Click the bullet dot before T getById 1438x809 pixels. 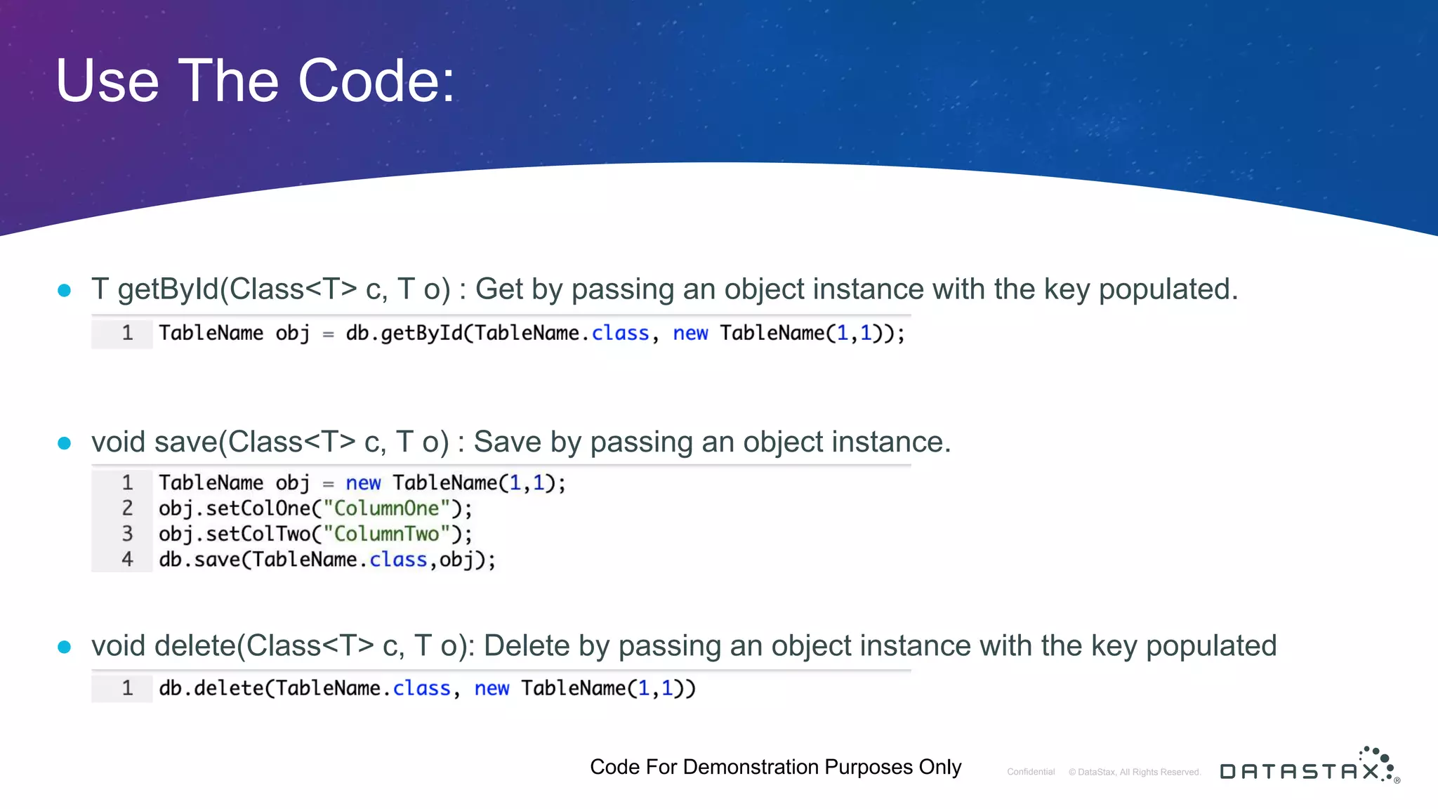pyautogui.click(x=65, y=290)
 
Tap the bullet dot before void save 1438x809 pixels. pyautogui.click(x=65, y=443)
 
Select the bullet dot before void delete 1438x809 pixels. pyautogui.click(x=65, y=647)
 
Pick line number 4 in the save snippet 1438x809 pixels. pyautogui.click(x=127, y=560)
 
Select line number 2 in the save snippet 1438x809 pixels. pyautogui.click(x=127, y=508)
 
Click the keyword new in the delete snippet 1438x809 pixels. pyautogui.click(x=492, y=688)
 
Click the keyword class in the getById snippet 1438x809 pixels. pyautogui.click(x=620, y=333)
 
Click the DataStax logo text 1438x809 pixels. pyautogui.click(x=1299, y=771)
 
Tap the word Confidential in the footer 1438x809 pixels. pyautogui.click(x=1031, y=772)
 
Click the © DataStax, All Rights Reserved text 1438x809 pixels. pyautogui.click(x=1135, y=772)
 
